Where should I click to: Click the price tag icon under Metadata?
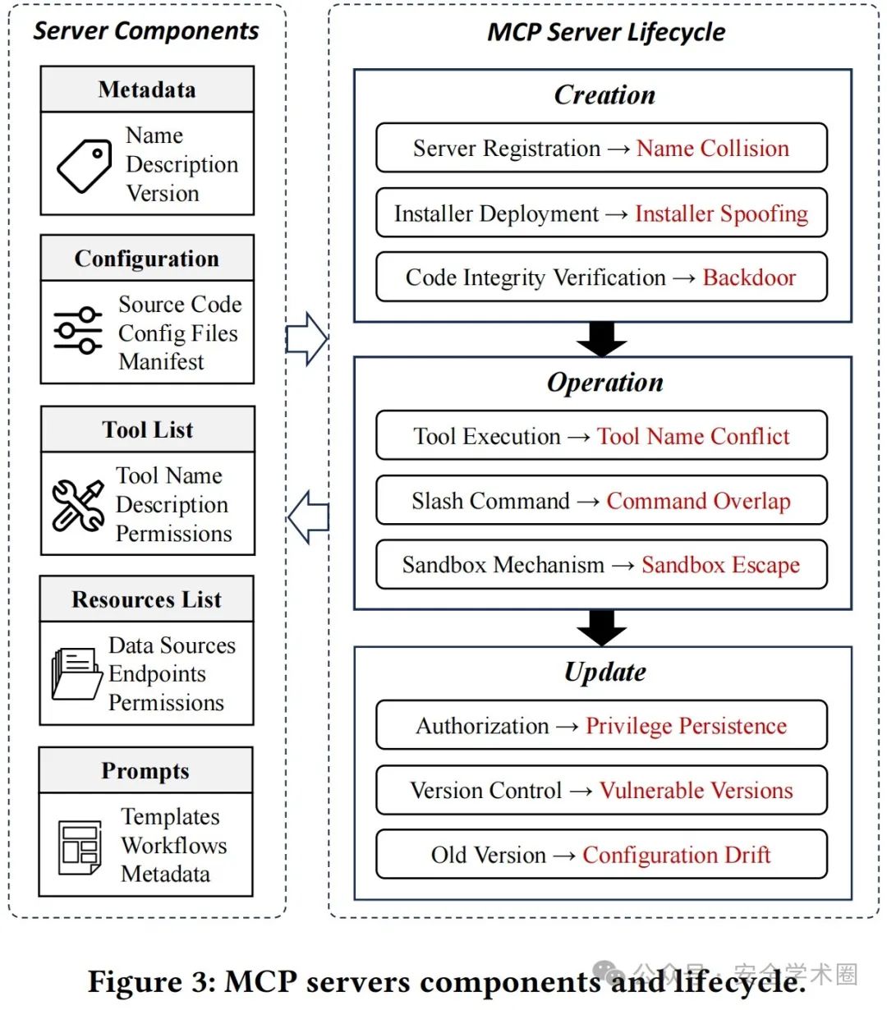(84, 166)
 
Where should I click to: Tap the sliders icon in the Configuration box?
(78, 330)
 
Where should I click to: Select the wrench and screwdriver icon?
(78, 504)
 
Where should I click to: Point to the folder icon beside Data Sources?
(76, 673)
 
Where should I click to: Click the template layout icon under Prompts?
(80, 847)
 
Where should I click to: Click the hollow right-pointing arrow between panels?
(306, 339)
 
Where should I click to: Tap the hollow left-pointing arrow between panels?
(308, 517)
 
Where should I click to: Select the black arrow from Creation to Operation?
(602, 339)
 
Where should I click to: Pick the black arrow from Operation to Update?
(602, 627)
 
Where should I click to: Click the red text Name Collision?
(713, 148)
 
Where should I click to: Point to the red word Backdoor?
(749, 278)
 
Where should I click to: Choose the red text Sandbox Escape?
(720, 565)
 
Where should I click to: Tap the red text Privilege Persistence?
(686, 726)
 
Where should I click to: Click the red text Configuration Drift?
(677, 855)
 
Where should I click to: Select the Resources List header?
(146, 599)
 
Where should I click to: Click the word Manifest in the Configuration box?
(161, 361)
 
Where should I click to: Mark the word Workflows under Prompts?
(174, 846)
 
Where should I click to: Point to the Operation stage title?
(605, 383)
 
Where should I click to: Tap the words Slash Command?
(490, 501)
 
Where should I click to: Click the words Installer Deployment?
(496, 213)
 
